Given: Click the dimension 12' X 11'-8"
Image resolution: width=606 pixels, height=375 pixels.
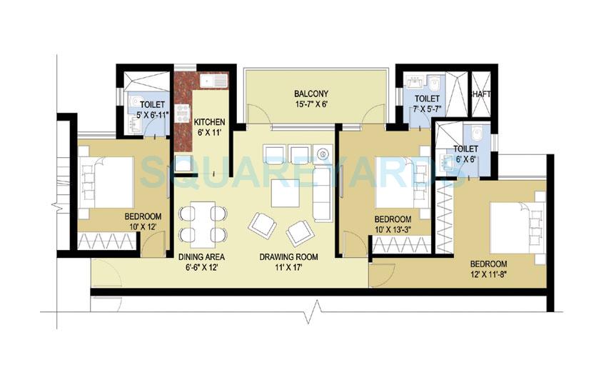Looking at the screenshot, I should (x=488, y=274).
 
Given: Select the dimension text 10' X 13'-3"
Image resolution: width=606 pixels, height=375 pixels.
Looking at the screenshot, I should (x=393, y=229).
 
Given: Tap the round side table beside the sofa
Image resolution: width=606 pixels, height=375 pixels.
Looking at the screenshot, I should (x=324, y=153).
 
